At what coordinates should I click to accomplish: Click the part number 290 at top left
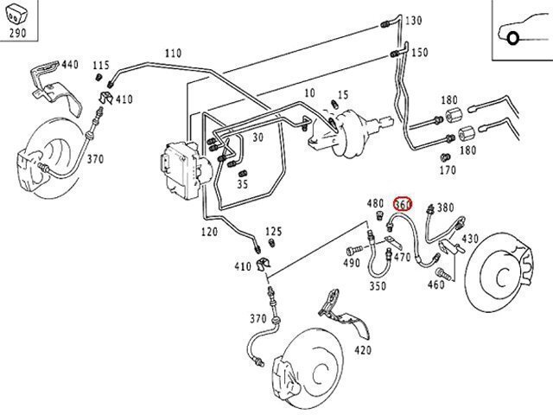17,35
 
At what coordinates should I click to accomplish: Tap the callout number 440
69,64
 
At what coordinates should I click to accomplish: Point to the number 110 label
173,53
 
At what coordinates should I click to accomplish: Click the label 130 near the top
413,21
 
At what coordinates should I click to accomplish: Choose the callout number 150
419,53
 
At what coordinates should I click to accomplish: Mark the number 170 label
447,170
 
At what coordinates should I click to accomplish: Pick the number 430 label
469,239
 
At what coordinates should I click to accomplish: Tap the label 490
353,263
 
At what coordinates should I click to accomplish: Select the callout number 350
378,285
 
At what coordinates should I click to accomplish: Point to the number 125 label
274,231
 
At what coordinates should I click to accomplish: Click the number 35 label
243,184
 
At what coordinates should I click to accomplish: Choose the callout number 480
374,204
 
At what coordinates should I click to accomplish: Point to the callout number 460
436,284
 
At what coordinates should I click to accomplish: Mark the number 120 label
209,232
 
